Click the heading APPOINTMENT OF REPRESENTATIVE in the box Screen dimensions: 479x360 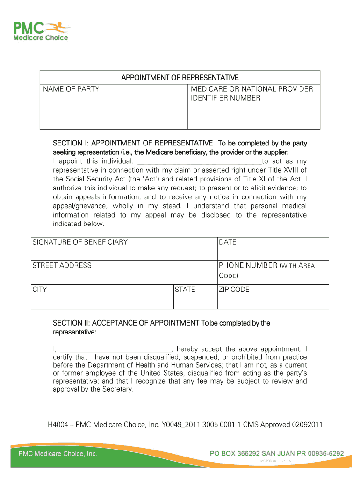pyautogui.click(x=180, y=77)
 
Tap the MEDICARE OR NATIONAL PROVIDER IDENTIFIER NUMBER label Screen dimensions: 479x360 pyautogui.click(x=252, y=94)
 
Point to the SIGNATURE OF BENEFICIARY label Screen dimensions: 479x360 pyautogui.click(x=80, y=242)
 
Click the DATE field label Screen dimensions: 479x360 pyautogui.click(x=228, y=242)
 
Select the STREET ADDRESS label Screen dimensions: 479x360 pyautogui.click(x=62, y=265)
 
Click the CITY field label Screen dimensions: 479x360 pyautogui.click(x=40, y=290)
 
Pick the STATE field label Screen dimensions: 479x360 pyautogui.click(x=185, y=290)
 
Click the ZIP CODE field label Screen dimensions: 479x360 pyautogui.click(x=234, y=290)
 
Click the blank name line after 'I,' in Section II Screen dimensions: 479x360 pyautogui.click(x=116, y=349)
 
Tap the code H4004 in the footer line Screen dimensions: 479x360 pyautogui.click(x=58, y=425)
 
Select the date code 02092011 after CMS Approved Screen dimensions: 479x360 pyautogui.click(x=307, y=425)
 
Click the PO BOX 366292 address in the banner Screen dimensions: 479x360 pyautogui.click(x=277, y=453)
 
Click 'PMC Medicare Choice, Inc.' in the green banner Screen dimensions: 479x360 pyautogui.click(x=58, y=454)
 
